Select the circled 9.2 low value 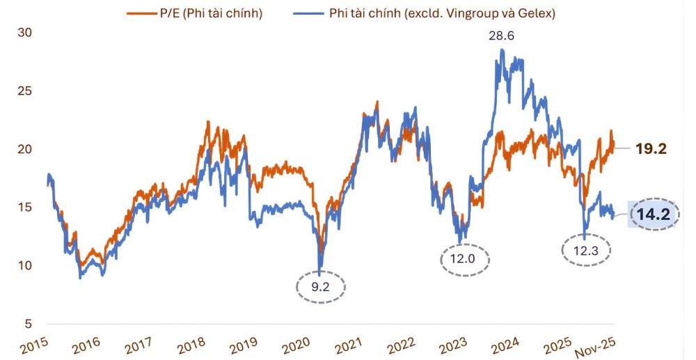(321, 285)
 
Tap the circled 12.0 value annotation (465, 258)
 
